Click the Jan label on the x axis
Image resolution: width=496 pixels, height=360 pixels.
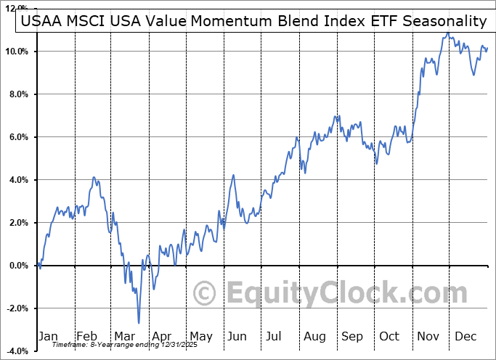click(x=49, y=336)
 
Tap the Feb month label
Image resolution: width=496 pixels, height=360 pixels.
click(x=87, y=336)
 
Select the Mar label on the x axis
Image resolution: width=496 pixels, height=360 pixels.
click(x=125, y=336)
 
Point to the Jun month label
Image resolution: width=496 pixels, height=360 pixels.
click(x=237, y=336)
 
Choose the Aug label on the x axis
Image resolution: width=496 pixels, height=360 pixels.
click(x=314, y=336)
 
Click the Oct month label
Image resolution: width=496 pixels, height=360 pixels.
click(x=390, y=336)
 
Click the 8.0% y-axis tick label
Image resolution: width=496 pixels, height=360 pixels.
click(x=17, y=94)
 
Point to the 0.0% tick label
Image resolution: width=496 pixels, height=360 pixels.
click(x=17, y=266)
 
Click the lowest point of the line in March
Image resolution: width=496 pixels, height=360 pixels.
click(x=138, y=323)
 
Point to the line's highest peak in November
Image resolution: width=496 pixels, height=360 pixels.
click(x=445, y=33)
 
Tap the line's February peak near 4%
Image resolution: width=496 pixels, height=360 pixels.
click(x=94, y=177)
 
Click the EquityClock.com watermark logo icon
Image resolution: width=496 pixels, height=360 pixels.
click(x=206, y=294)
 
